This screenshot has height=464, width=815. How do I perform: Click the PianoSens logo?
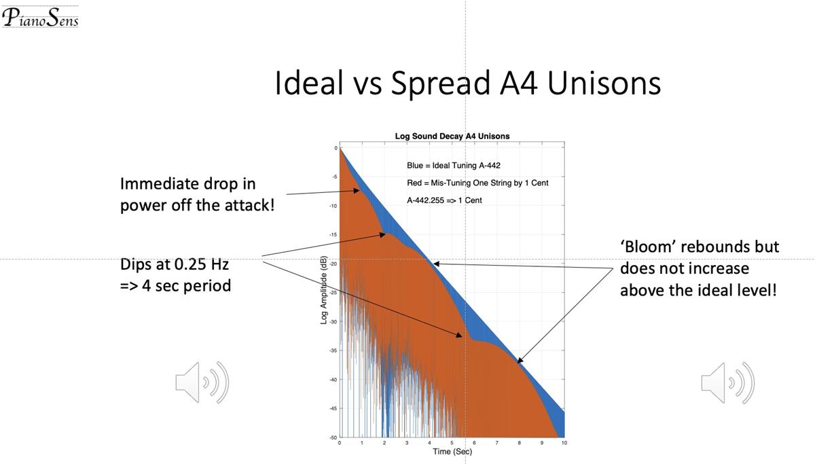tap(40, 16)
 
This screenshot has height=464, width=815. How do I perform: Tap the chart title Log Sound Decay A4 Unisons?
tap(452, 136)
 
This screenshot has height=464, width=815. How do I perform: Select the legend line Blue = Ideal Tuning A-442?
tap(453, 166)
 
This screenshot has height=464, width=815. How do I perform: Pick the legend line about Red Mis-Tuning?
tap(477, 183)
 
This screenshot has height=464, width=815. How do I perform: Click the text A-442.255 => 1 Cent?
tap(444, 200)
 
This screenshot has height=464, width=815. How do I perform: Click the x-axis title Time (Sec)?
tap(452, 452)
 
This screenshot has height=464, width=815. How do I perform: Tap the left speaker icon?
tap(202, 382)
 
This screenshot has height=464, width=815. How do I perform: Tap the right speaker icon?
tap(727, 382)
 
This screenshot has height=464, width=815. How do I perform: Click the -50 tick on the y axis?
tap(333, 438)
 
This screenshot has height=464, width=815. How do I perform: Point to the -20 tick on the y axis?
tap(333, 264)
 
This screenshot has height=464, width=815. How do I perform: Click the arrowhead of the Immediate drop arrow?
tap(358, 191)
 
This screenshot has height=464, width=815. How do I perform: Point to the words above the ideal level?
tap(698, 290)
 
